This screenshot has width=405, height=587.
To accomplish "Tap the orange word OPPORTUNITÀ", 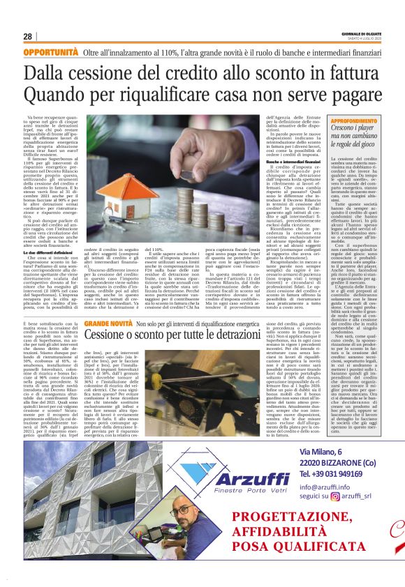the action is (x=50, y=53).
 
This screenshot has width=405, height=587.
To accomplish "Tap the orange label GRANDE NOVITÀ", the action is (x=108, y=306).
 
